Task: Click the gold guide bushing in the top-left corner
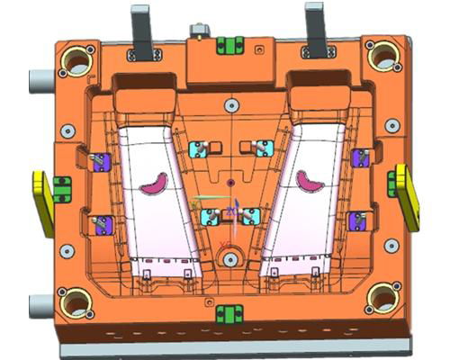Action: (x=76, y=61)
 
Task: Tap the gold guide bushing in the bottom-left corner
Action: (x=76, y=301)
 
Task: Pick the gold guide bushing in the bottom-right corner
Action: (x=384, y=297)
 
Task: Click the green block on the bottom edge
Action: (x=229, y=314)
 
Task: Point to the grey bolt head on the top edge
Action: (x=196, y=32)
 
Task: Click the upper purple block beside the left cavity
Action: (x=101, y=162)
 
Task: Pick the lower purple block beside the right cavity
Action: (x=357, y=219)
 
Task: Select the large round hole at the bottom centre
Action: (x=230, y=259)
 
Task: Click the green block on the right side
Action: (x=392, y=183)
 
